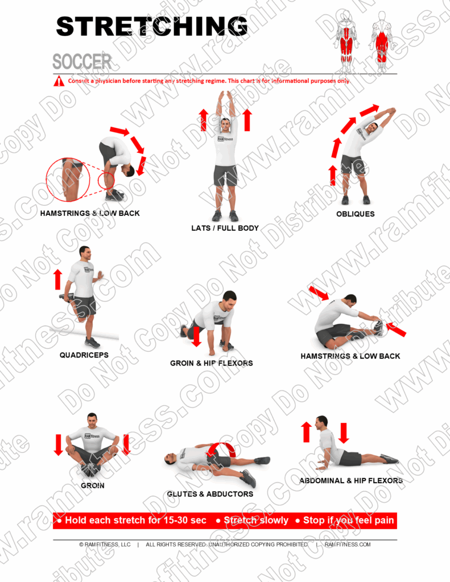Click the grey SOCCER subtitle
point(82,62)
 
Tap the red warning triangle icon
point(59,81)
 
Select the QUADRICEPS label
point(84,355)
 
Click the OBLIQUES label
point(356,214)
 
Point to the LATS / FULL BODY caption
point(225,228)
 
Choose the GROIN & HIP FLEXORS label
point(212,363)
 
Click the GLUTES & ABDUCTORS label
point(210,494)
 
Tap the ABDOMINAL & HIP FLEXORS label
point(351,481)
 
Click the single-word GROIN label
point(92,486)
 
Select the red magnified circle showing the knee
point(68,180)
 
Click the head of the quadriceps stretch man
point(85,253)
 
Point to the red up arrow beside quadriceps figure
point(57,279)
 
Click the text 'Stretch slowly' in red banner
point(256,521)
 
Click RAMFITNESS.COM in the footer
point(348,544)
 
